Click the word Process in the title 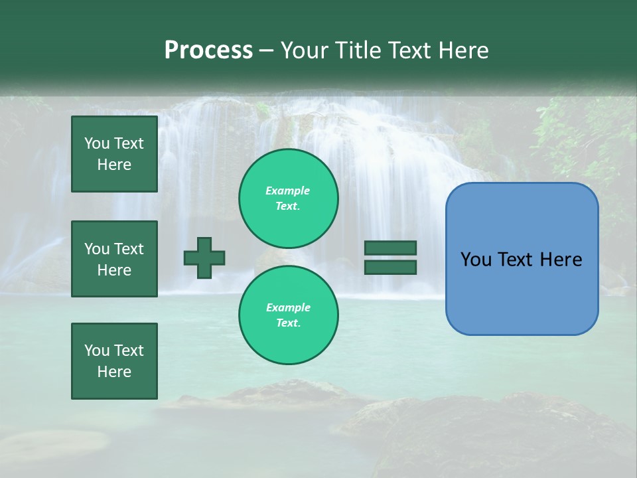[208, 50]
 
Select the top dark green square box [114, 154]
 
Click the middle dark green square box [114, 259]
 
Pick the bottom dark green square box [114, 361]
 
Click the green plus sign [204, 258]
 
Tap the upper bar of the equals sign [390, 248]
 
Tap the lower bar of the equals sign [390, 267]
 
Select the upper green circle [288, 198]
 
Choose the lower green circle [288, 315]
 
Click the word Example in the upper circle [287, 191]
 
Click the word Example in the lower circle [288, 307]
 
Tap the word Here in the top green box [114, 165]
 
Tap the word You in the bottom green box [96, 351]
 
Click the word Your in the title [304, 50]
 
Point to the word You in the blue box [476, 260]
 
